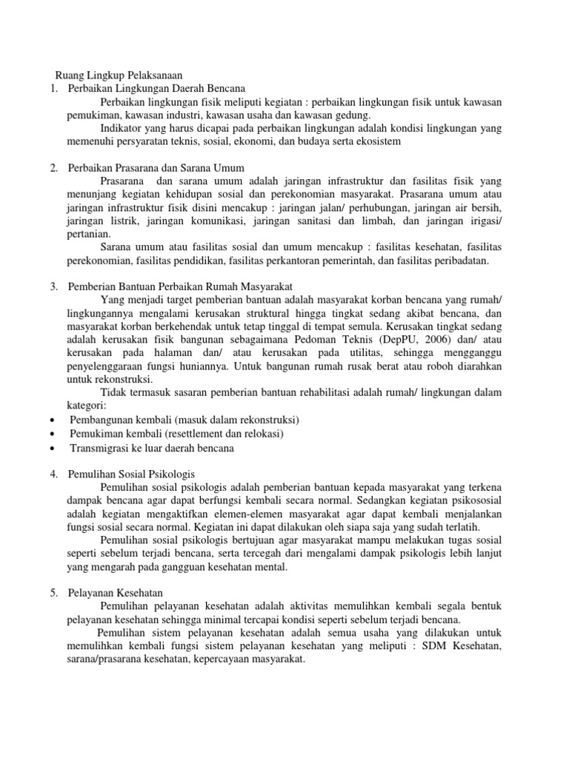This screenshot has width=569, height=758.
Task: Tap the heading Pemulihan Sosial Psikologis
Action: click(x=130, y=472)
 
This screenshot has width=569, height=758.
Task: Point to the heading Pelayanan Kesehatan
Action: click(x=115, y=593)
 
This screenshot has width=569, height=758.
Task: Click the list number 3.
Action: click(x=53, y=286)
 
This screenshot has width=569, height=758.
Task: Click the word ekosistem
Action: click(x=378, y=141)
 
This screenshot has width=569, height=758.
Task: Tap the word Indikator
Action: click(x=121, y=128)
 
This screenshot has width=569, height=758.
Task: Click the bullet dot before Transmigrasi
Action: click(x=55, y=449)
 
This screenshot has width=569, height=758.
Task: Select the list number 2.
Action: click(x=53, y=167)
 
